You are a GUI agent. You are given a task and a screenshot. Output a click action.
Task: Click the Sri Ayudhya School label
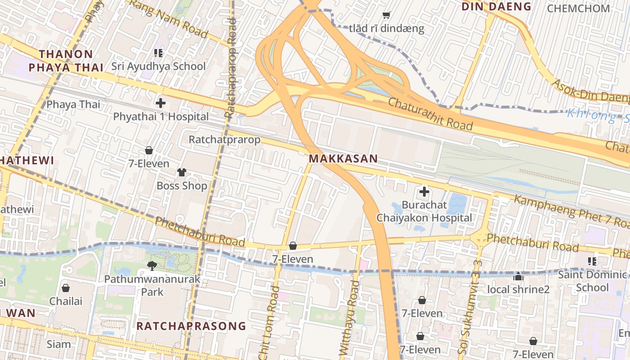158,66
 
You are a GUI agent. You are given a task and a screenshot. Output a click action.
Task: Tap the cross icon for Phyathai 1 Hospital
161,103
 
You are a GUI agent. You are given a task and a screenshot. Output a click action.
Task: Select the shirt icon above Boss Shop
182,172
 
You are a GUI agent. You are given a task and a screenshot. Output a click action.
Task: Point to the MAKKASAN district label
343,159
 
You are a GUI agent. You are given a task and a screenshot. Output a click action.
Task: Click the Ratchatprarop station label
225,139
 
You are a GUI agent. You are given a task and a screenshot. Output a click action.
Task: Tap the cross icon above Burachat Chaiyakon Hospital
424,192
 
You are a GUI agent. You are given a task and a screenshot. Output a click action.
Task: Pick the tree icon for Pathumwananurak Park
152,266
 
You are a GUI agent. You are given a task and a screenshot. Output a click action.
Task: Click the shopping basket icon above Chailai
66,288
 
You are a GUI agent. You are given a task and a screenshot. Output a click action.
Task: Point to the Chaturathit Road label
430,114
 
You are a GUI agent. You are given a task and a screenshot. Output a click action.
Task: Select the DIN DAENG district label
497,7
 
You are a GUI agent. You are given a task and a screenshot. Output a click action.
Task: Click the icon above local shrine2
518,276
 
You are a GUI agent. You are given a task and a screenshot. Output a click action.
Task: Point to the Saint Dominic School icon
592,261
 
